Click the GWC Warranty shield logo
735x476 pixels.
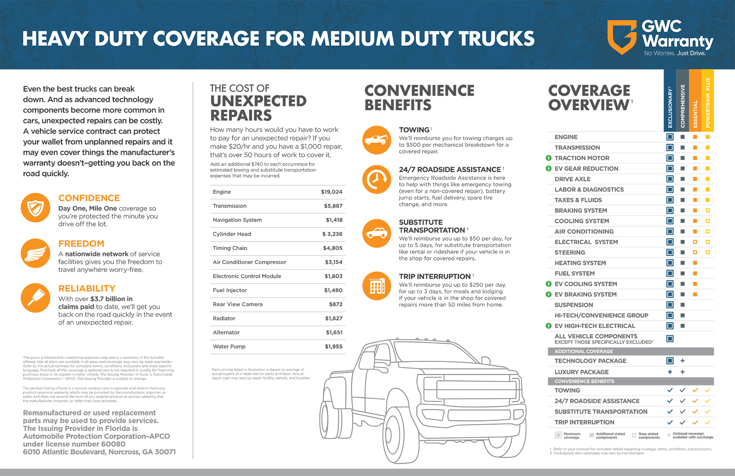tap(622, 37)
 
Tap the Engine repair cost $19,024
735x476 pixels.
tap(332, 192)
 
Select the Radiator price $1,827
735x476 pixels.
tap(333, 318)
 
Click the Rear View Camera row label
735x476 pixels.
tap(238, 304)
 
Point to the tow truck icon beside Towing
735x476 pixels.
tap(377, 140)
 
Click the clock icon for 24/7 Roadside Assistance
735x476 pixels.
tap(377, 179)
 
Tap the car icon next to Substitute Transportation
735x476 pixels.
tap(377, 233)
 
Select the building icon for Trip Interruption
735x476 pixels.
tap(377, 286)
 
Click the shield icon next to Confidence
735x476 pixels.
tap(36, 208)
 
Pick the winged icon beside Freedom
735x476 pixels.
tap(36, 253)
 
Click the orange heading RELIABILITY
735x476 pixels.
tap(87, 288)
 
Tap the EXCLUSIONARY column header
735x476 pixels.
tap(670, 107)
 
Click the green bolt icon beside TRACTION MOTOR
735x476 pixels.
tap(549, 158)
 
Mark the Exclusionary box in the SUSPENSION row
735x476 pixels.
tap(670, 305)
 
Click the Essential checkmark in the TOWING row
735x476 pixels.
tap(695, 390)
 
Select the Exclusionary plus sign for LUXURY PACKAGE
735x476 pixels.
tap(670, 372)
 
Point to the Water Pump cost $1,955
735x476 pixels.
tap(333, 346)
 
